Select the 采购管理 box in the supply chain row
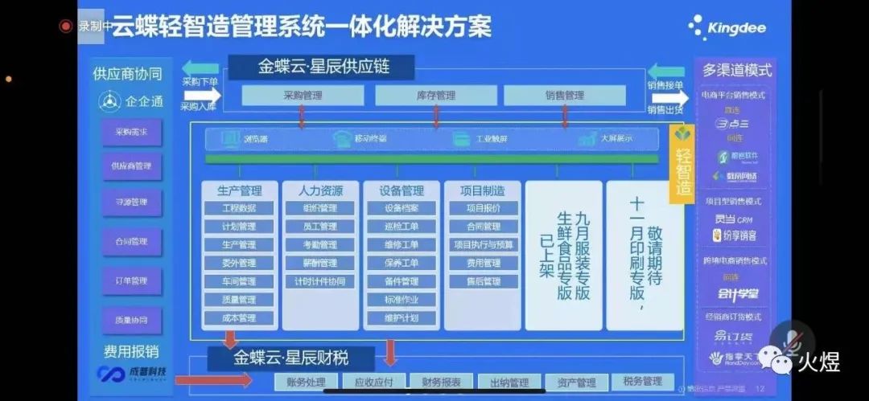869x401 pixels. [x=303, y=96]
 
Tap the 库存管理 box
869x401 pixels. [x=435, y=96]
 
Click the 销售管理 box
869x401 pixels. [x=564, y=96]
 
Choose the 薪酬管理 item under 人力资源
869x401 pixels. [x=319, y=263]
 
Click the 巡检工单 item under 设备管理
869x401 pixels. [x=400, y=227]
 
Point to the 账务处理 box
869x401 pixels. [x=305, y=382]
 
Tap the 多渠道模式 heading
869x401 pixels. [x=736, y=70]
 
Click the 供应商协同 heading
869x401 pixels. [x=127, y=74]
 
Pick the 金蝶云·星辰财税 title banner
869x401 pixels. [x=290, y=357]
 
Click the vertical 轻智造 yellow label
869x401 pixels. [x=683, y=171]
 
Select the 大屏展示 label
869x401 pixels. [x=616, y=138]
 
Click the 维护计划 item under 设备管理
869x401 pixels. [x=400, y=318]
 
